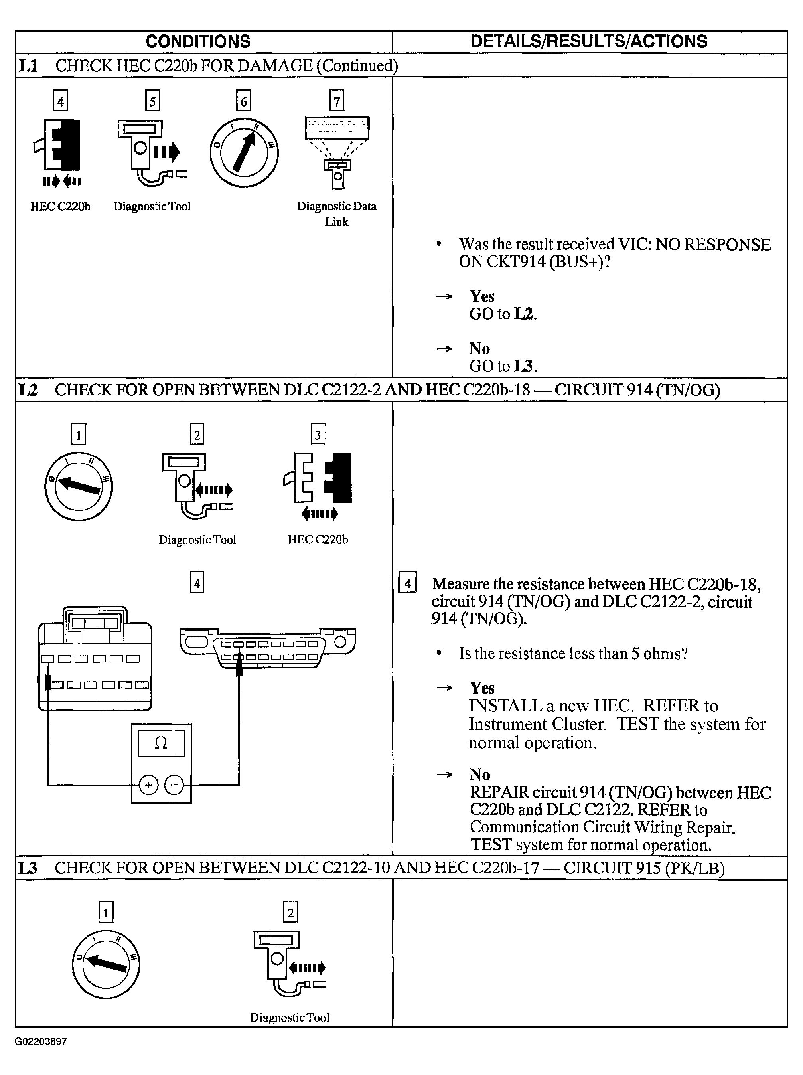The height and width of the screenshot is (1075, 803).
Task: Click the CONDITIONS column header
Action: click(198, 42)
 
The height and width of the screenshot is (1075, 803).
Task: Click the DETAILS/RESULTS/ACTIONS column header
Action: click(589, 42)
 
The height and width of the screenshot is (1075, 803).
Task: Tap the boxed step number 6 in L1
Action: click(243, 101)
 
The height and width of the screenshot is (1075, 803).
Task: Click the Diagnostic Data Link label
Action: click(337, 214)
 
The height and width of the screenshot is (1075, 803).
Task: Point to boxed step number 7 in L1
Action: click(337, 101)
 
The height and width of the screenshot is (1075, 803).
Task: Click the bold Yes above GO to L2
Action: click(482, 296)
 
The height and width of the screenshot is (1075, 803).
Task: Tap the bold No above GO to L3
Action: click(479, 348)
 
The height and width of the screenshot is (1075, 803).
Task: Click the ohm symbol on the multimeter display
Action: click(161, 743)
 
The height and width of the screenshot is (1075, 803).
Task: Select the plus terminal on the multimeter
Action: click(149, 785)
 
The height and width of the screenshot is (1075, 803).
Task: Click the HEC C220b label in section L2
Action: click(318, 539)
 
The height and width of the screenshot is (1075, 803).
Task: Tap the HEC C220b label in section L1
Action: click(60, 207)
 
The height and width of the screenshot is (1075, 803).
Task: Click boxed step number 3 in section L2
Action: click(318, 435)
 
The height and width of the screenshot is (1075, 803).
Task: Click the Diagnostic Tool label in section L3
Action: click(290, 1018)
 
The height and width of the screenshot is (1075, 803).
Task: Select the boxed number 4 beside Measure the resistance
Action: click(408, 583)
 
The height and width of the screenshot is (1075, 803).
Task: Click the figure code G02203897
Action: click(41, 1041)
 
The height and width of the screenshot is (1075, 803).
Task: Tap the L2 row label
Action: click(28, 390)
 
